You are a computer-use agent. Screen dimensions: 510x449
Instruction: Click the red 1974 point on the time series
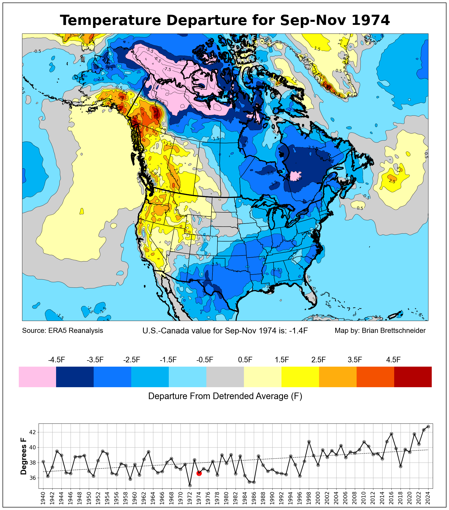(x=199, y=473)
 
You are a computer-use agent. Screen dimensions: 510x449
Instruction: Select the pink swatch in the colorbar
(x=37, y=377)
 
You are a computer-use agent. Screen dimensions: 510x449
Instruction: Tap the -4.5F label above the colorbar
(x=57, y=360)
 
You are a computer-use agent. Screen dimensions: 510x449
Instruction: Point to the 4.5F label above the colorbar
(x=393, y=360)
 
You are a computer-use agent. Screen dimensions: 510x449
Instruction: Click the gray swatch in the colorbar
(x=225, y=377)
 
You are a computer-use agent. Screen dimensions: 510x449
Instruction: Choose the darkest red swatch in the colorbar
(x=413, y=377)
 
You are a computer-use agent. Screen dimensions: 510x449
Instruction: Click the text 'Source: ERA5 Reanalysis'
(x=62, y=331)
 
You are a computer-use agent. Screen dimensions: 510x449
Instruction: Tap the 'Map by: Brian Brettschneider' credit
(x=380, y=331)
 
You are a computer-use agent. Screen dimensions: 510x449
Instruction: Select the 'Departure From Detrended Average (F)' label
(x=225, y=396)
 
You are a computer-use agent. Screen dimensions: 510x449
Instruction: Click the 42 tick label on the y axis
(x=33, y=432)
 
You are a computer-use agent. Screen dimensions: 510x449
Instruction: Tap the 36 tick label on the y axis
(x=33, y=478)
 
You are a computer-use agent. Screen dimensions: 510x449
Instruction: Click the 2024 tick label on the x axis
(x=428, y=498)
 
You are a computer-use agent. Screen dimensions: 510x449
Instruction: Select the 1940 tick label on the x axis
(x=43, y=498)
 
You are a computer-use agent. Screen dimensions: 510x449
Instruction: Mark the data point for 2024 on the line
(x=428, y=427)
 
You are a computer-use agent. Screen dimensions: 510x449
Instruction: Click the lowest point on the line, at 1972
(x=190, y=485)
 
